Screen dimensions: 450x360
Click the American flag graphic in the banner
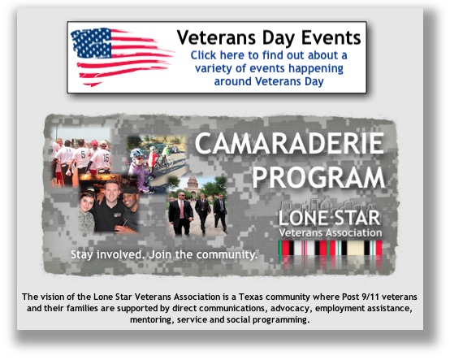[x=122, y=57]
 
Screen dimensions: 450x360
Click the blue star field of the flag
[x=91, y=43]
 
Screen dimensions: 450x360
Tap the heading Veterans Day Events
[x=269, y=37]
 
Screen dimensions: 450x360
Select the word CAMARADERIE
[x=289, y=144]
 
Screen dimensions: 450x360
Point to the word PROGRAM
[x=318, y=177]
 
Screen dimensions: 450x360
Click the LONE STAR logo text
[x=330, y=218]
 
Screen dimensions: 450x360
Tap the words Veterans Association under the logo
[x=331, y=232]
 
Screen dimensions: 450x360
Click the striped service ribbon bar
[x=331, y=248]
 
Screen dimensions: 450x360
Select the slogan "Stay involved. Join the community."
[x=164, y=254]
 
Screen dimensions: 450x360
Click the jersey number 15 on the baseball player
[x=106, y=158]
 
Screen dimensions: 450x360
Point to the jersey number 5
[x=83, y=154]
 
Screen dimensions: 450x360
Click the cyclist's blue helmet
[x=136, y=153]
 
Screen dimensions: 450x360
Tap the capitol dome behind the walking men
[x=193, y=182]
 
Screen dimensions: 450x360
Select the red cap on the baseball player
[x=94, y=143]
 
